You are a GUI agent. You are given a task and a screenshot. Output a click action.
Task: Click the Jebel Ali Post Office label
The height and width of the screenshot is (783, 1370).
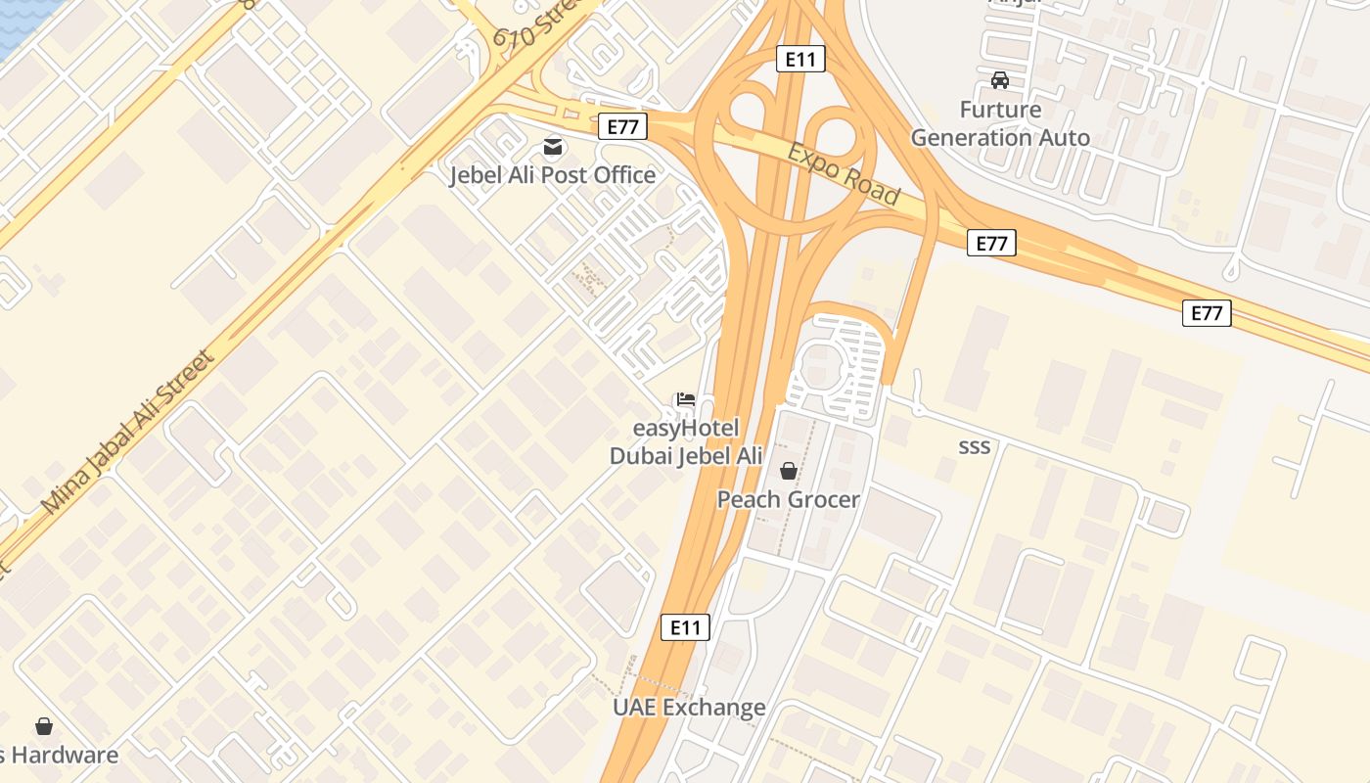pyautogui.click(x=552, y=175)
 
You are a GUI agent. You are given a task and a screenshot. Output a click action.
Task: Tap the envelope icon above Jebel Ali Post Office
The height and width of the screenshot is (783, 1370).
pyautogui.click(x=553, y=147)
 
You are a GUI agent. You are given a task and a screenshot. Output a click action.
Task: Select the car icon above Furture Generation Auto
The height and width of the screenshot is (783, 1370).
pyautogui.click(x=999, y=80)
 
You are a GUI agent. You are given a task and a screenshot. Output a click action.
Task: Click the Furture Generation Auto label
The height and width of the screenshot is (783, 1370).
pyautogui.click(x=1000, y=123)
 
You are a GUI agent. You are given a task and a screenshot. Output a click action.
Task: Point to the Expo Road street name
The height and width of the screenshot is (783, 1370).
pyautogui.click(x=844, y=175)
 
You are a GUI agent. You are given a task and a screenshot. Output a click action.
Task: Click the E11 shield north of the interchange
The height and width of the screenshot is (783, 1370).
pyautogui.click(x=800, y=59)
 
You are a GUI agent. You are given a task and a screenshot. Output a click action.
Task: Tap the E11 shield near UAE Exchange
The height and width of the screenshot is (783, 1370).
pyautogui.click(x=685, y=627)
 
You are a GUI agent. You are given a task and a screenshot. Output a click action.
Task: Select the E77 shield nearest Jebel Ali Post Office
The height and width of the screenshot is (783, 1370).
pyautogui.click(x=623, y=126)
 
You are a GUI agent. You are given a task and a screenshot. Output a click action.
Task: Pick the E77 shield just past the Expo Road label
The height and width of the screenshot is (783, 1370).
pyautogui.click(x=991, y=243)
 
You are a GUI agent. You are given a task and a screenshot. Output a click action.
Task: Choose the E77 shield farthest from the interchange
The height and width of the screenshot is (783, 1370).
pyautogui.click(x=1207, y=313)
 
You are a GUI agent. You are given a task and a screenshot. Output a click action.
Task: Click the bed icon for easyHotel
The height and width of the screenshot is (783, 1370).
pyautogui.click(x=685, y=399)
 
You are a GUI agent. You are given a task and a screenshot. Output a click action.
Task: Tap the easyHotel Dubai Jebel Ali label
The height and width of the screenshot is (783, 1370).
pyautogui.click(x=686, y=442)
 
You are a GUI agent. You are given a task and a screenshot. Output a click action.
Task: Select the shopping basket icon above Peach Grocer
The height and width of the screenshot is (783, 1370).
pyautogui.click(x=788, y=472)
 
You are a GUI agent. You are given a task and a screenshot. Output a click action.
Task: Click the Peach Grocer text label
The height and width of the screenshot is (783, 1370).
pyautogui.click(x=789, y=499)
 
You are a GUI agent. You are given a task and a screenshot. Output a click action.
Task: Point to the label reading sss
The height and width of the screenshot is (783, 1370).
pyautogui.click(x=974, y=447)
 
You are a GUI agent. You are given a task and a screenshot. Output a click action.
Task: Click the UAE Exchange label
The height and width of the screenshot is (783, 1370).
pyautogui.click(x=689, y=707)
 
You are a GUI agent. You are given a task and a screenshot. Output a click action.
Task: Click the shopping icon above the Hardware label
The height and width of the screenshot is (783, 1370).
pyautogui.click(x=44, y=726)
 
